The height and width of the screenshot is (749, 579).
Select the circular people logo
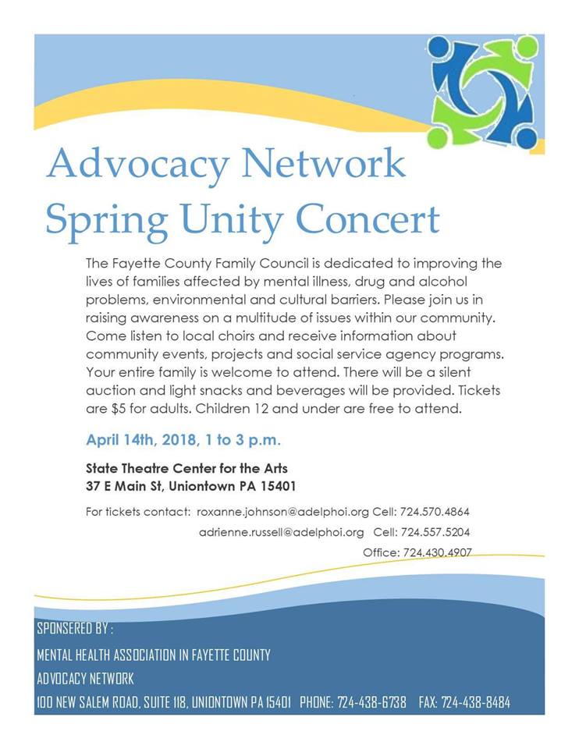(484, 91)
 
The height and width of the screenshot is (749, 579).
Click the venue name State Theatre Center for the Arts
(186, 470)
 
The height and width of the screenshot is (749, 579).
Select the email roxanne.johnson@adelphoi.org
(282, 512)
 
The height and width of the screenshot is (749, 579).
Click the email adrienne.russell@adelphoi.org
(281, 532)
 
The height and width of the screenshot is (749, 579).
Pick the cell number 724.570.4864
(435, 512)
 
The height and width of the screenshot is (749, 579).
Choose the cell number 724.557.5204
(435, 532)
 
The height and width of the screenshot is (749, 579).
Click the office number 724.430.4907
(437, 552)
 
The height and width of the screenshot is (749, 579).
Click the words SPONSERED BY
(75, 629)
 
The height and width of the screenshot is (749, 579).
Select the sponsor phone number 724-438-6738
(371, 702)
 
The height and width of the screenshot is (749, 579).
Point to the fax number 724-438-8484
(475, 702)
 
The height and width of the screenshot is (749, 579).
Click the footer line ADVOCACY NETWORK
(85, 678)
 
